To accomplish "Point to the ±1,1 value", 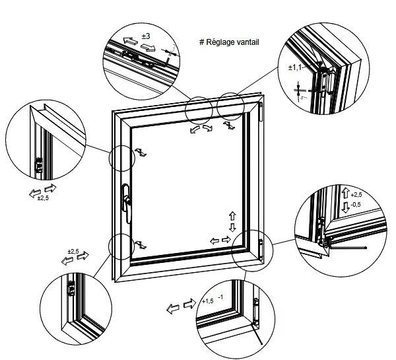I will pyautogui.click(x=295, y=67).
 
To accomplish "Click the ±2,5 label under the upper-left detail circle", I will pyautogui.click(x=44, y=198).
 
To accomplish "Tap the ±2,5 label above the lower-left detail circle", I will pyautogui.click(x=73, y=252).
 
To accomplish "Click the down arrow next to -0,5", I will pyautogui.click(x=345, y=207).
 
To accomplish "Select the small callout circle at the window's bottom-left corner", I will pyautogui.click(x=122, y=246).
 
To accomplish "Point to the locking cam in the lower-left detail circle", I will pyautogui.click(x=71, y=289).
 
